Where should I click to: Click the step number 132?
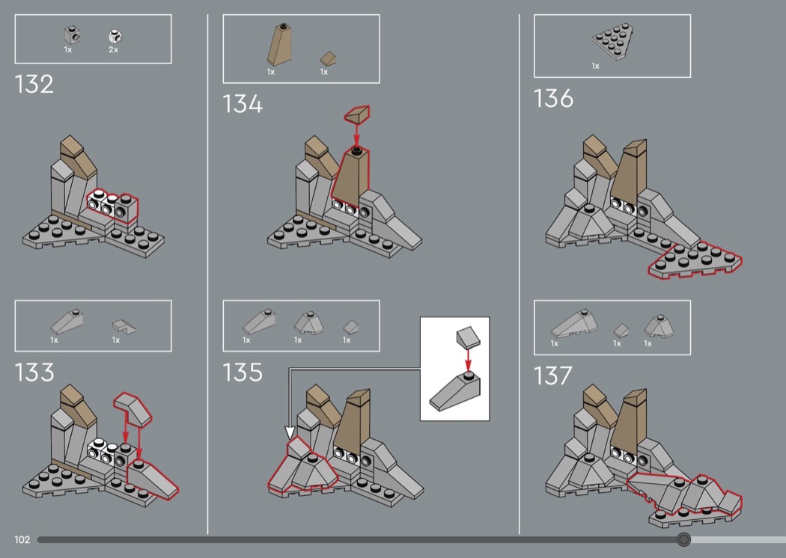34,85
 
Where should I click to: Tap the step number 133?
34,372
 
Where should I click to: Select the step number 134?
243,104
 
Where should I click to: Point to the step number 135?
243,372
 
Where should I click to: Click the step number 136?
553,98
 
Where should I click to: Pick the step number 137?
552,375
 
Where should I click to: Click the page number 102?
22,539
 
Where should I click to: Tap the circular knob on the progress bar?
683,539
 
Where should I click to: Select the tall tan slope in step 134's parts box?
280,45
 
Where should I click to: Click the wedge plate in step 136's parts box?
612,42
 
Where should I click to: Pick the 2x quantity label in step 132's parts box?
113,49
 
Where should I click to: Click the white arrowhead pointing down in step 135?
290,433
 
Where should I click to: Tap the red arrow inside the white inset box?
468,358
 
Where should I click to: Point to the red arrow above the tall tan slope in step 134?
356,134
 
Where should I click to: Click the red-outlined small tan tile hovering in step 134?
357,114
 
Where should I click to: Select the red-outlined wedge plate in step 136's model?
695,260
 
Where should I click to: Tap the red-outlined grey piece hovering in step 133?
132,408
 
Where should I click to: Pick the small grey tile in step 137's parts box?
621,330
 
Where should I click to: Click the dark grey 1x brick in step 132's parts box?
72,35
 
